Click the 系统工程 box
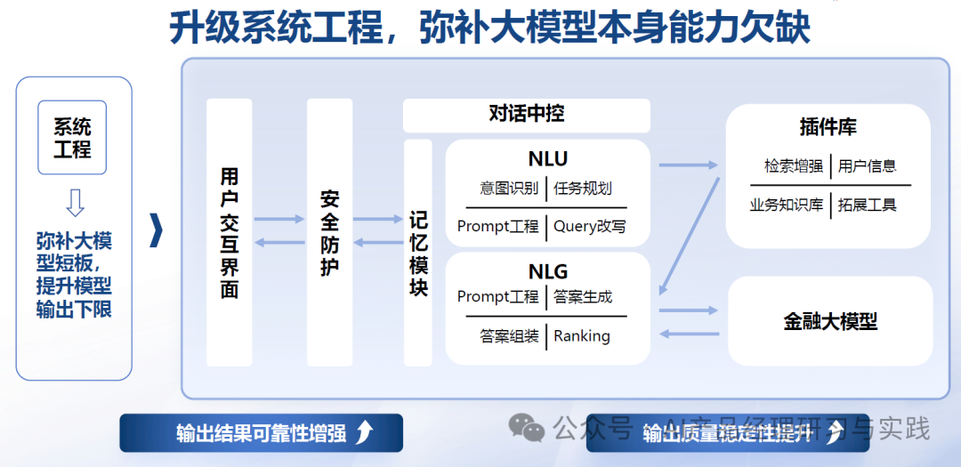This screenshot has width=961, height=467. [x=72, y=137]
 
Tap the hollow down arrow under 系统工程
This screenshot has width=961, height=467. [x=75, y=202]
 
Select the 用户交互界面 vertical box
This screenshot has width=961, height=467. [x=229, y=232]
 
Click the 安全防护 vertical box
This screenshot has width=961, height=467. [x=329, y=232]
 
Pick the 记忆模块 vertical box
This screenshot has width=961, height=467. [x=418, y=253]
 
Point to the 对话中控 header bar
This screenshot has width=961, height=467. [x=526, y=115]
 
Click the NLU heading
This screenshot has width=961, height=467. [x=547, y=159]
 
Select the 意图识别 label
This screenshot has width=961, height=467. [x=508, y=189]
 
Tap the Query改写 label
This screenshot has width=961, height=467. [x=589, y=226]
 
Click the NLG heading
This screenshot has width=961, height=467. [x=547, y=271]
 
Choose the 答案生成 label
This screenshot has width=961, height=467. [x=583, y=296]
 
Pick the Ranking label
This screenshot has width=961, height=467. [x=582, y=336]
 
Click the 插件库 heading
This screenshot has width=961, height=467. [x=828, y=127]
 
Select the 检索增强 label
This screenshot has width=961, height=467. [x=793, y=165]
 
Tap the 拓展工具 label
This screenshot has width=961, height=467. [x=868, y=205]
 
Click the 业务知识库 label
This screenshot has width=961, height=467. [x=787, y=205]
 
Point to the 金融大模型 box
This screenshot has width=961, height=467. [x=830, y=321]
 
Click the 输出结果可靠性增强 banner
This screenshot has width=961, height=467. [x=262, y=433]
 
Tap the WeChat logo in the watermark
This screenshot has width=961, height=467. [x=527, y=430]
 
